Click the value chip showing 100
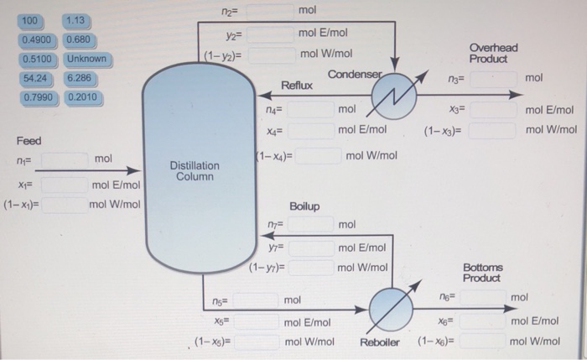click(x=30, y=20)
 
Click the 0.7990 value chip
click(x=36, y=97)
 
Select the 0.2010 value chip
click(x=82, y=97)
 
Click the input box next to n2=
click(x=270, y=11)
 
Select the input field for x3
click(x=491, y=110)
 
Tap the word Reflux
click(x=297, y=86)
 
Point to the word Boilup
click(x=304, y=206)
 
